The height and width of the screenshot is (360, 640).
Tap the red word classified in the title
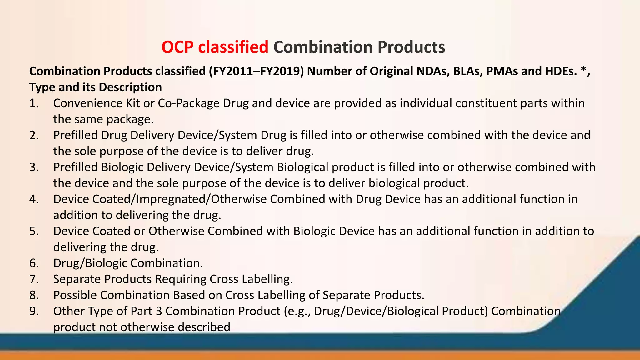[233, 47]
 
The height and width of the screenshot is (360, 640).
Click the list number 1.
[34, 103]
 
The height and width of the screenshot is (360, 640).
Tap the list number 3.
[34, 167]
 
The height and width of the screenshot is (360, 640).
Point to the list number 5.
[34, 232]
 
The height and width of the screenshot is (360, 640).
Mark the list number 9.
[34, 311]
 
